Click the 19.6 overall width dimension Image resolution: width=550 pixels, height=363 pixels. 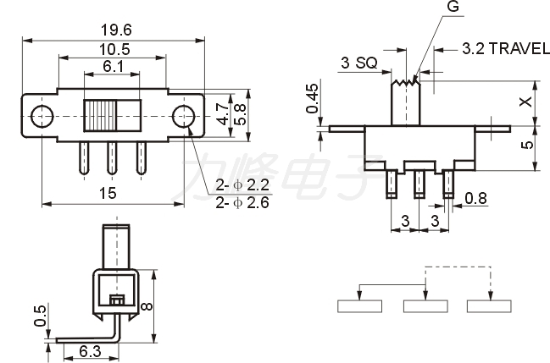pos(116,30)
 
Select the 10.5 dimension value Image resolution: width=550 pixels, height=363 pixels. pos(114,49)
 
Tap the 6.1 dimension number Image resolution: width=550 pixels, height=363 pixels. pos(113,66)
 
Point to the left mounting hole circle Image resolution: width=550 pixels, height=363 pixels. pos(42,116)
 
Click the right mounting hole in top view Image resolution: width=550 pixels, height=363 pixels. pos(183,116)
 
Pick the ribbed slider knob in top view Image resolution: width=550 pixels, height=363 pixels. pos(100,116)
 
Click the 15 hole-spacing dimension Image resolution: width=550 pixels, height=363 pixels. pos(108,193)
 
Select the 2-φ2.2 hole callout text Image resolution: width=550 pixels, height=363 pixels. pos(242,184)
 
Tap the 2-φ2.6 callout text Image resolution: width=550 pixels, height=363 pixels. pos(242,202)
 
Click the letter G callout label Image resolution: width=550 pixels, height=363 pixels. pos(453,6)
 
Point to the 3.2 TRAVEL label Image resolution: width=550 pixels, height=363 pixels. pos(505,48)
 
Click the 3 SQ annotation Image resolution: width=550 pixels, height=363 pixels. pos(358,63)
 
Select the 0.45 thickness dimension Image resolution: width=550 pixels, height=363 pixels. pos(312,98)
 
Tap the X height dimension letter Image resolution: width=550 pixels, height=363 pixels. pos(525,102)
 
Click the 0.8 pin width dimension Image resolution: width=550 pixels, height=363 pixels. pos(476,198)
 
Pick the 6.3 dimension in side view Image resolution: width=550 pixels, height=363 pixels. pos(90,351)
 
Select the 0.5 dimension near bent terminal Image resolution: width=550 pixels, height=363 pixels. pos(40,316)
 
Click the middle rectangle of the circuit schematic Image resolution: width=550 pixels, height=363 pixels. pos(425,306)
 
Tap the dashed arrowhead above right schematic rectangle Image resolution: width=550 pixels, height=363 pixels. pos(491,296)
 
